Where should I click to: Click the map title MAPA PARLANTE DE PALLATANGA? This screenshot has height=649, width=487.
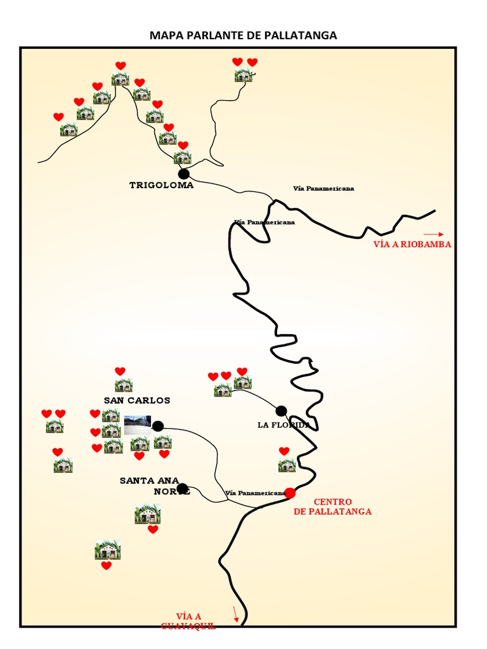pyautogui.click(x=243, y=35)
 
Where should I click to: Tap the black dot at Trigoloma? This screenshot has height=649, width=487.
pyautogui.click(x=184, y=174)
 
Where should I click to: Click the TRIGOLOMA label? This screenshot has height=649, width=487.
pyautogui.click(x=161, y=186)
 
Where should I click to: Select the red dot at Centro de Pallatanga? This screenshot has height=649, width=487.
pyautogui.click(x=290, y=492)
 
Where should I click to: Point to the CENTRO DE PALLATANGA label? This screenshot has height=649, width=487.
pyautogui.click(x=333, y=506)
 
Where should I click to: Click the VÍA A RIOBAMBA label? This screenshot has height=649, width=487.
pyautogui.click(x=412, y=245)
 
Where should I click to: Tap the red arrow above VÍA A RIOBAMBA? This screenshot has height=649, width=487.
pyautogui.click(x=434, y=235)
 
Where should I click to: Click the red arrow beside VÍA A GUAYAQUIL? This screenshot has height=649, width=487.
pyautogui.click(x=236, y=614)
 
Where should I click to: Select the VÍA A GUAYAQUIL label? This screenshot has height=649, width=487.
pyautogui.click(x=188, y=621)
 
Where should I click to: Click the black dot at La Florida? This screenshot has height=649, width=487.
pyautogui.click(x=281, y=411)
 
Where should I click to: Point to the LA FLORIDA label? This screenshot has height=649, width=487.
pyautogui.click(x=283, y=425)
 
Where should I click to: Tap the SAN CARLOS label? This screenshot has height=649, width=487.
pyautogui.click(x=137, y=401)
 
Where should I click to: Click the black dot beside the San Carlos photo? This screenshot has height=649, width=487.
pyautogui.click(x=158, y=426)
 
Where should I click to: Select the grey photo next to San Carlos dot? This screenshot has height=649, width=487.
pyautogui.click(x=138, y=425)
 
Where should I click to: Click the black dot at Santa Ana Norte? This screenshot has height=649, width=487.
pyautogui.click(x=183, y=489)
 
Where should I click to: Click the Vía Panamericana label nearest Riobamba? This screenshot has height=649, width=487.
pyautogui.click(x=323, y=188)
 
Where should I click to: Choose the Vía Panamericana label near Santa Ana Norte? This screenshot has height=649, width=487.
pyautogui.click(x=255, y=492)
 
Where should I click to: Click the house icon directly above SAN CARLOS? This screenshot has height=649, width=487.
pyautogui.click(x=123, y=385)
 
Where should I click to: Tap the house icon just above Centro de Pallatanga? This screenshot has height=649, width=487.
pyautogui.click(x=287, y=465)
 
